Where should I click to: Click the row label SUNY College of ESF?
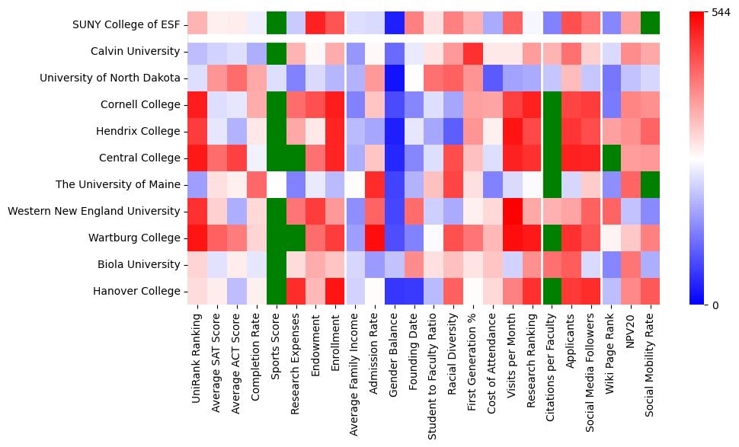tap(127, 24)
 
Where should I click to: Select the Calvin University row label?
tap(142, 52)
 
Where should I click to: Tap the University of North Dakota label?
tap(110, 78)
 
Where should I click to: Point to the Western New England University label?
tap(94, 211)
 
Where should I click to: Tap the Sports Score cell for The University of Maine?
tap(276, 184)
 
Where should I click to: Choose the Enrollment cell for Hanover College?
tap(335, 291)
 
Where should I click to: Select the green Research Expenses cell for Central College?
tap(296, 158)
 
